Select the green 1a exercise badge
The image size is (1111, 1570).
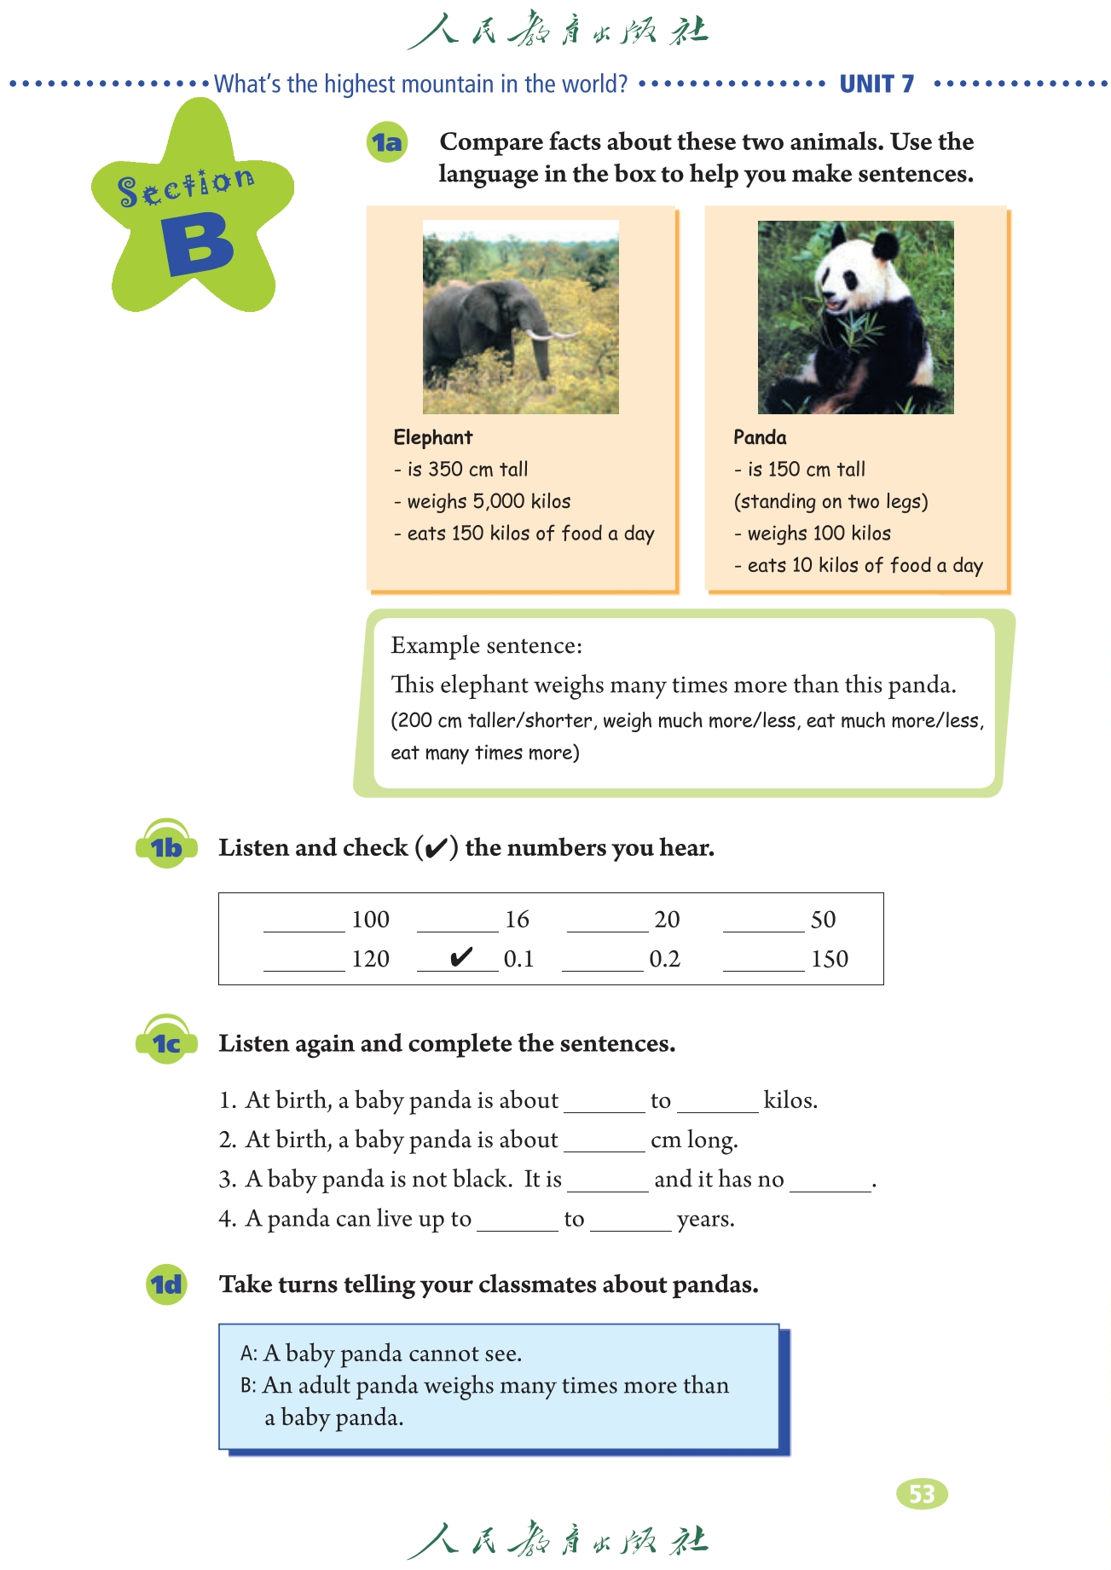point(386,142)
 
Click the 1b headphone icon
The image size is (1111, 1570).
point(167,845)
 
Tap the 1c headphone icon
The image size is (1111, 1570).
point(167,1041)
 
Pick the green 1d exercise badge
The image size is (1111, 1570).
point(166,1284)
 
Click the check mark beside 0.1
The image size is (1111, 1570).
point(460,957)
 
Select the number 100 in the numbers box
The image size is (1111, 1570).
point(370,920)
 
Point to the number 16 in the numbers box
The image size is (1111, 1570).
point(517,920)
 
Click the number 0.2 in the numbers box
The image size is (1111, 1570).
point(665,959)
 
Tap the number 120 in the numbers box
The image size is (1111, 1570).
point(370,959)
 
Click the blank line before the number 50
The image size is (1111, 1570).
point(763,925)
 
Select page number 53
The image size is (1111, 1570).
point(922,1493)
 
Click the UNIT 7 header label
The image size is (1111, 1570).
point(877,84)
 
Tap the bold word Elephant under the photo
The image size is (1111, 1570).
point(432,437)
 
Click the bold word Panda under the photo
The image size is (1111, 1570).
point(760,437)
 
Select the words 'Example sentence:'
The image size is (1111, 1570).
point(486,645)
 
